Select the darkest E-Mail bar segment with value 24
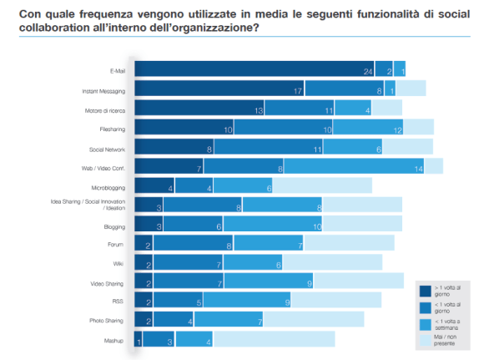pyautogui.click(x=254, y=69)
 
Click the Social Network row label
pyautogui.click(x=108, y=148)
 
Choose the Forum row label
pyautogui.click(x=116, y=245)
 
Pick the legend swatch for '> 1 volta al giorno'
pyautogui.click(x=425, y=292)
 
